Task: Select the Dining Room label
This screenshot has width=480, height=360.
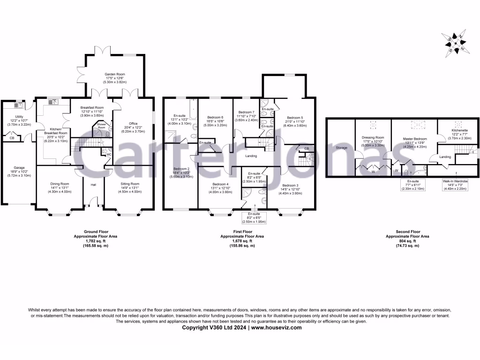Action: click(x=60, y=184)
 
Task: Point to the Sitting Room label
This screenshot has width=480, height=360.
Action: click(x=128, y=184)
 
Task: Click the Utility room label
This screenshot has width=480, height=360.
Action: click(x=19, y=116)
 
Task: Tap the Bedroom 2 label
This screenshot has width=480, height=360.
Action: click(x=181, y=169)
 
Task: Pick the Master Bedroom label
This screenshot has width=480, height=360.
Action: click(x=414, y=139)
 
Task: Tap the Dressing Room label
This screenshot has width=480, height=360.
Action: click(x=373, y=137)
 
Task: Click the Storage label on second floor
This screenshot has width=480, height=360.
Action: click(x=342, y=148)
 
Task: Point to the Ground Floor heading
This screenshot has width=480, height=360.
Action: click(x=96, y=232)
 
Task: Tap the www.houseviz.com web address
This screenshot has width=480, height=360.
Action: click(x=276, y=328)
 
